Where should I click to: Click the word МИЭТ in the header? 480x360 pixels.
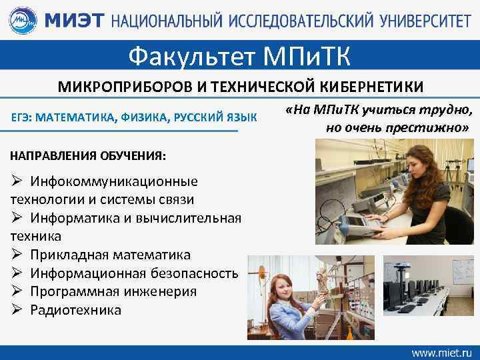(73, 21)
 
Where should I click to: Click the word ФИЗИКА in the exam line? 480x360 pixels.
(146, 118)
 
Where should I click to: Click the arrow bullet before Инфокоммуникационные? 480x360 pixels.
(17, 181)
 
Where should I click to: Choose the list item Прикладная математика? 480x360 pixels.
(110, 255)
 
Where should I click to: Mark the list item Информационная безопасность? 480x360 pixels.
(133, 273)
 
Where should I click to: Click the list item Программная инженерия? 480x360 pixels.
(113, 291)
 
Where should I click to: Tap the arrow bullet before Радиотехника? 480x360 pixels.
(17, 310)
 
